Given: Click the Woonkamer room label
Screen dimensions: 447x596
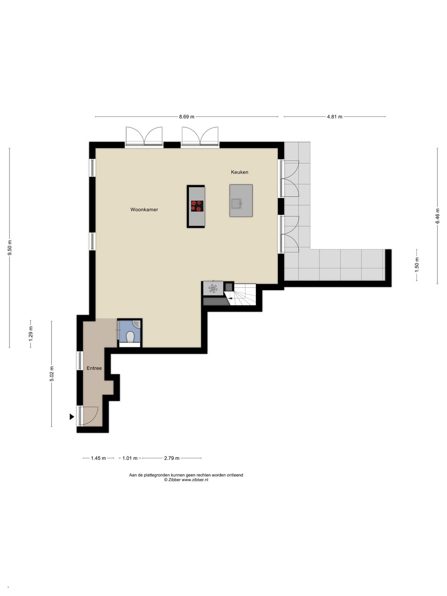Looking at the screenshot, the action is pyautogui.click(x=144, y=209).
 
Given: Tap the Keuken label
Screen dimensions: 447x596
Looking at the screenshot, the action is pyautogui.click(x=239, y=172).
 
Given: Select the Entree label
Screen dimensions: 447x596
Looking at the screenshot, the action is pyautogui.click(x=94, y=368).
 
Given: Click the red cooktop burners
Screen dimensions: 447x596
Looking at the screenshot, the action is pyautogui.click(x=197, y=206).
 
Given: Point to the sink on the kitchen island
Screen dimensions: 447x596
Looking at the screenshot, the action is pyautogui.click(x=236, y=203).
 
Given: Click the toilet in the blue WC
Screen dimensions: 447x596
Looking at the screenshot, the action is pyautogui.click(x=131, y=337).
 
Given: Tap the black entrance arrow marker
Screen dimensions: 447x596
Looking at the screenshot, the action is pyautogui.click(x=72, y=416).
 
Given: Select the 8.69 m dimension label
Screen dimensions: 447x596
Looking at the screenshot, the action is pyautogui.click(x=187, y=117).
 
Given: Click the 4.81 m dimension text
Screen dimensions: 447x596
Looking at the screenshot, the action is pyautogui.click(x=335, y=117).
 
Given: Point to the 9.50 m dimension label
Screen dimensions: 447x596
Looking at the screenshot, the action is pyautogui.click(x=10, y=248).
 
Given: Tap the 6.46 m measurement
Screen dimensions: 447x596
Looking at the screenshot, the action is pyautogui.click(x=437, y=216).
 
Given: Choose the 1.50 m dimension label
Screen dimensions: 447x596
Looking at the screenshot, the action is pyautogui.click(x=417, y=265).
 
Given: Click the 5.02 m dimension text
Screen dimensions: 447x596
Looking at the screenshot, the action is pyautogui.click(x=52, y=374).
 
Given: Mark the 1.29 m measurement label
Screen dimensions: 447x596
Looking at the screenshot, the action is pyautogui.click(x=31, y=334).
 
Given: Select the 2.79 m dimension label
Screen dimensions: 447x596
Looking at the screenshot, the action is pyautogui.click(x=172, y=458).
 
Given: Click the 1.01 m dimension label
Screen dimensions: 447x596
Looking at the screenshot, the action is pyautogui.click(x=130, y=458).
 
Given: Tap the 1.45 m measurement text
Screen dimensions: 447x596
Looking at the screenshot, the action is pyautogui.click(x=98, y=458).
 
